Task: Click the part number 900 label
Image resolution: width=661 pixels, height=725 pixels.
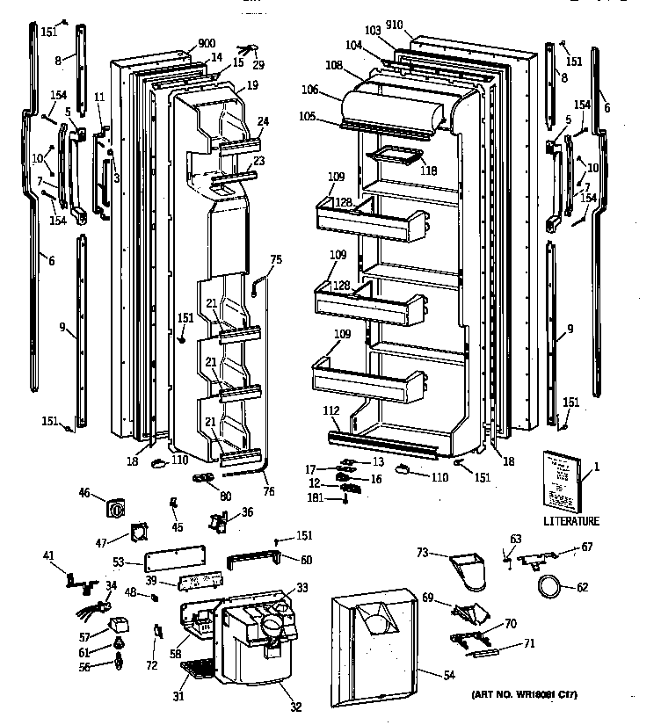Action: tap(207, 44)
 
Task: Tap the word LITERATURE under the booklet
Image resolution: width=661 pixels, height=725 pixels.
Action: tap(570, 521)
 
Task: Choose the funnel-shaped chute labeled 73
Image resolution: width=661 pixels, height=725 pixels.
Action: tap(469, 567)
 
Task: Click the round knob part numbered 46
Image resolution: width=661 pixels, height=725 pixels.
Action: tap(115, 509)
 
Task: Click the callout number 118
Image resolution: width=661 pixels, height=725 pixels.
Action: tap(427, 171)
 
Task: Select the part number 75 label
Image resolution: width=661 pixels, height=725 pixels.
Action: tap(276, 259)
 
